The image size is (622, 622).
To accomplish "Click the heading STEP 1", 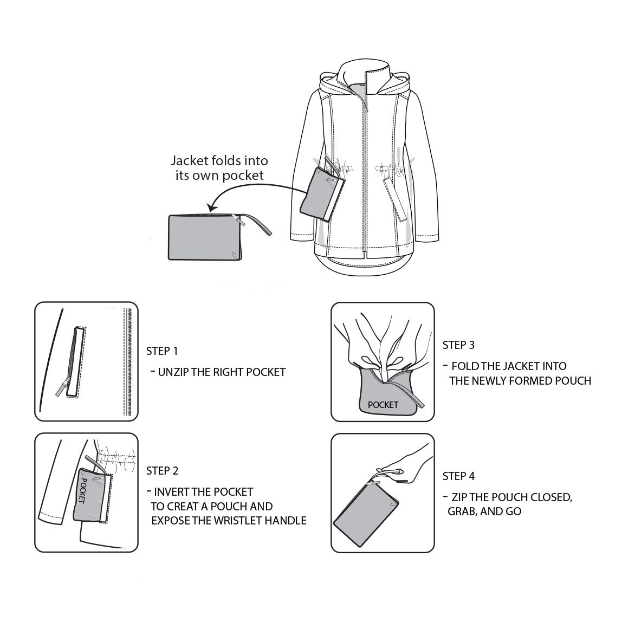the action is [162, 351].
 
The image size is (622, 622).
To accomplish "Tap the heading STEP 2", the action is [162, 471].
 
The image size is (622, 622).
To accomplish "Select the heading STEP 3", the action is [458, 345].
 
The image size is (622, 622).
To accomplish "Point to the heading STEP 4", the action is [458, 476].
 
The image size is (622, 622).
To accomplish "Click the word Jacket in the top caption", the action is [190, 161].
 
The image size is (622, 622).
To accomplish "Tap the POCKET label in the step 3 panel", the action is [383, 405].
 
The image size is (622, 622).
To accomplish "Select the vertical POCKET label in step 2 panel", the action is [82, 490].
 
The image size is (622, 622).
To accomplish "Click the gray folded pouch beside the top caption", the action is [205, 237].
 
